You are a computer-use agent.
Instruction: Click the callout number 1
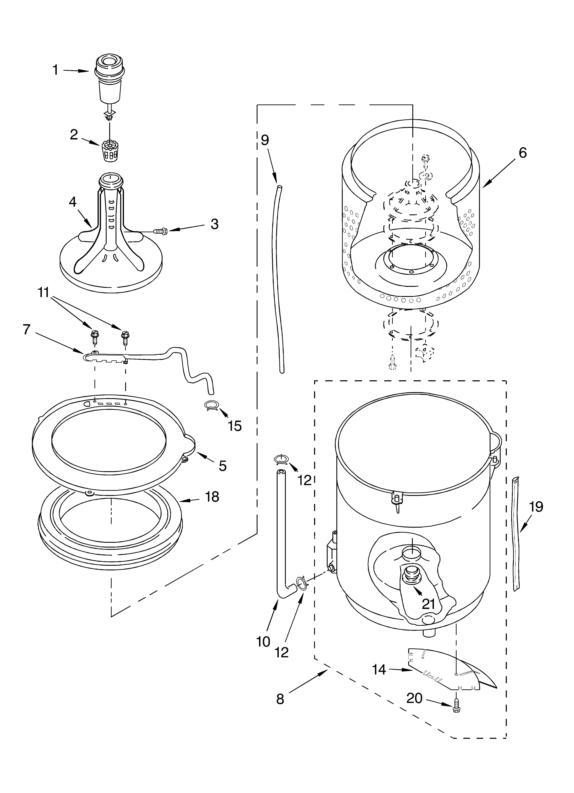click(55, 70)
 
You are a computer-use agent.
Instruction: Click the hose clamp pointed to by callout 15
click(211, 406)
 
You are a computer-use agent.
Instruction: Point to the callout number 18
click(212, 496)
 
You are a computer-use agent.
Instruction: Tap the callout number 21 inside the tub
click(429, 604)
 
